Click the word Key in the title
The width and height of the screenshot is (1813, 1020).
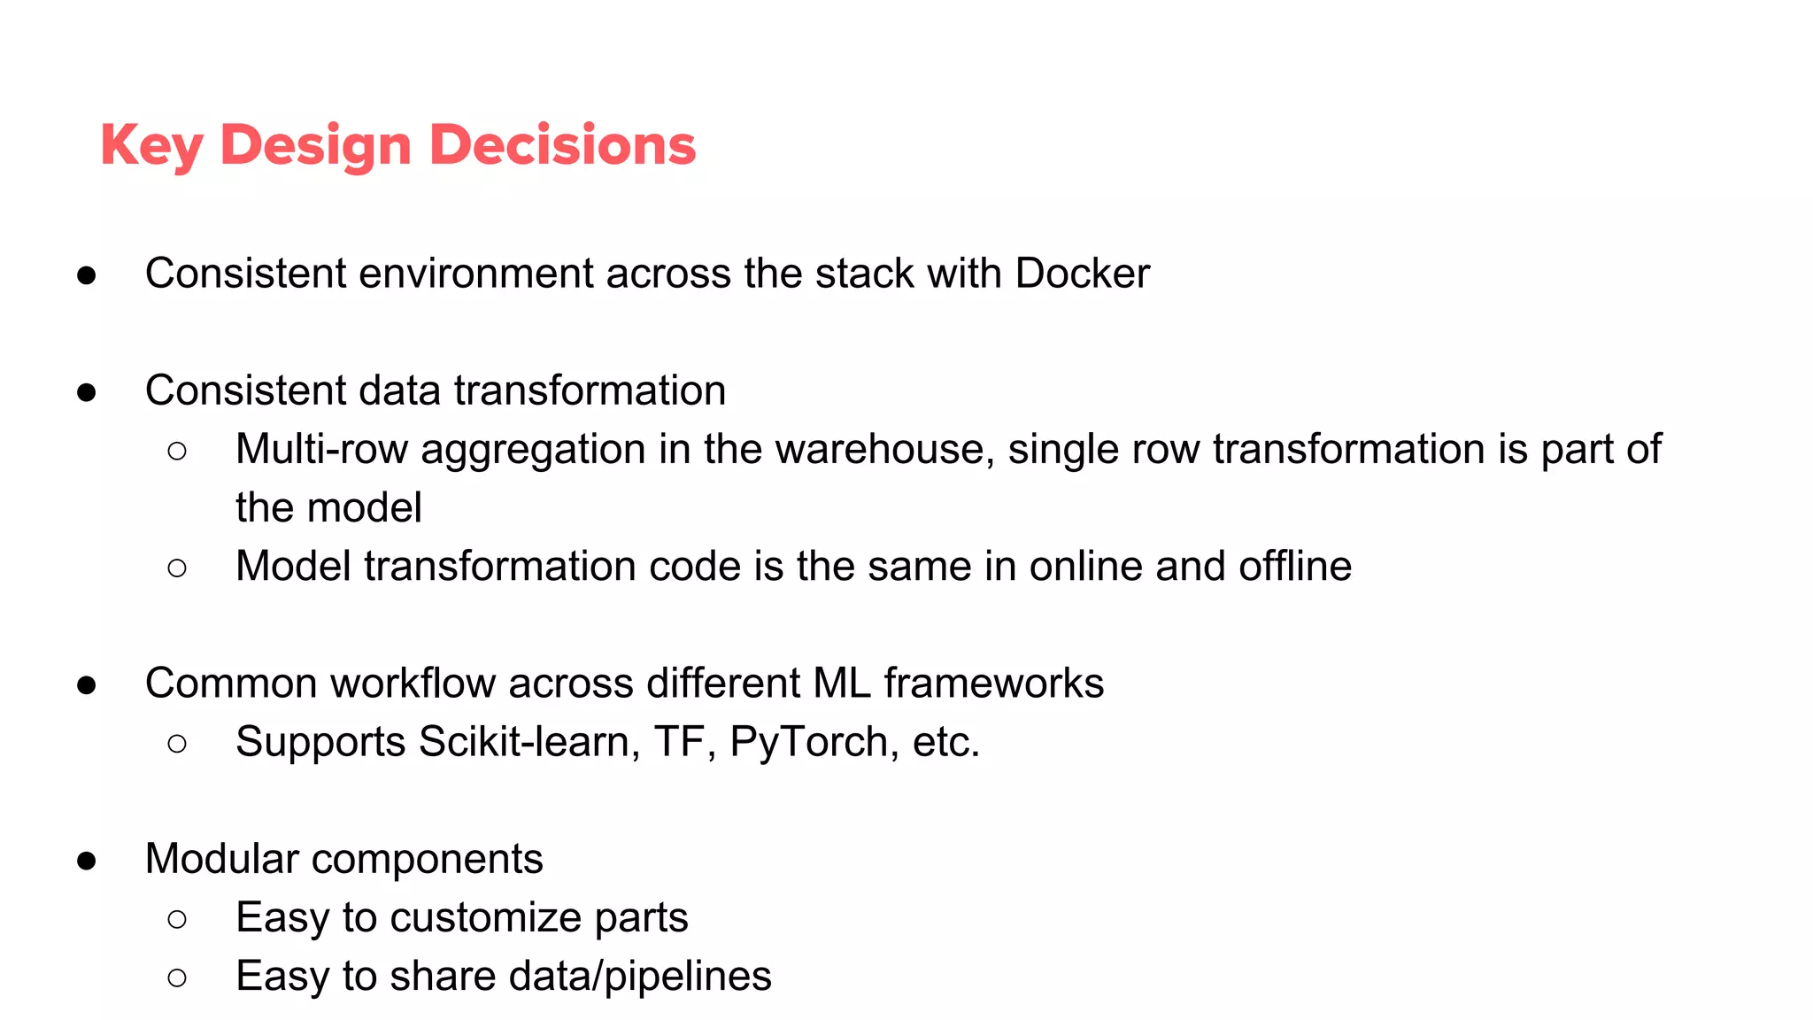click(x=151, y=146)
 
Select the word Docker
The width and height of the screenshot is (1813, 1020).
click(x=1082, y=274)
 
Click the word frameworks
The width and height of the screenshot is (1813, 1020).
click(x=993, y=684)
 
